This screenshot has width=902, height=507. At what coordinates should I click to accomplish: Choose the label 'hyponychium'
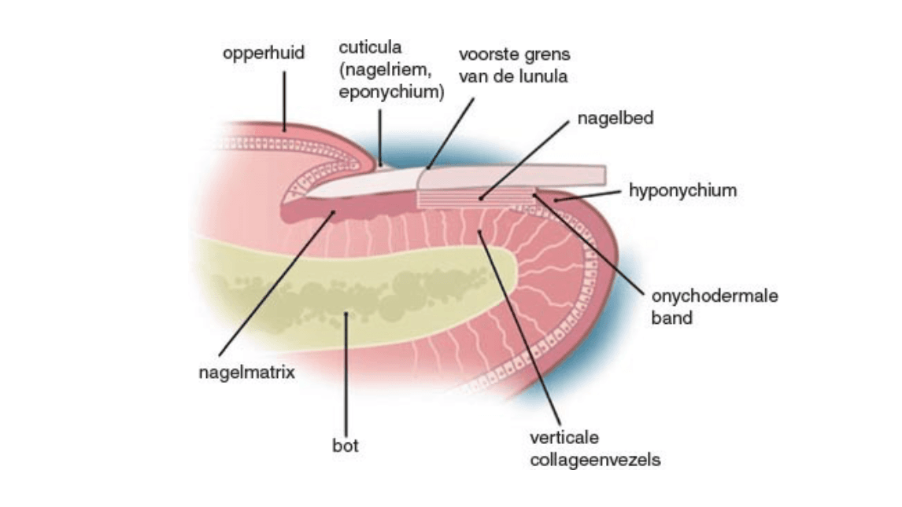(683, 190)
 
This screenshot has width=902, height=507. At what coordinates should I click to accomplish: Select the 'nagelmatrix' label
(246, 372)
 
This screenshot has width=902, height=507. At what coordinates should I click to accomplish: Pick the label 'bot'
(345, 446)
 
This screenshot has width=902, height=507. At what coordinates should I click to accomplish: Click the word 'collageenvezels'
(595, 460)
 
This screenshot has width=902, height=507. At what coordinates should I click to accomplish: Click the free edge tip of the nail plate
(601, 174)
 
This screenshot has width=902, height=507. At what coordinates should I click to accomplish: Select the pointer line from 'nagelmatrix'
(275, 283)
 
